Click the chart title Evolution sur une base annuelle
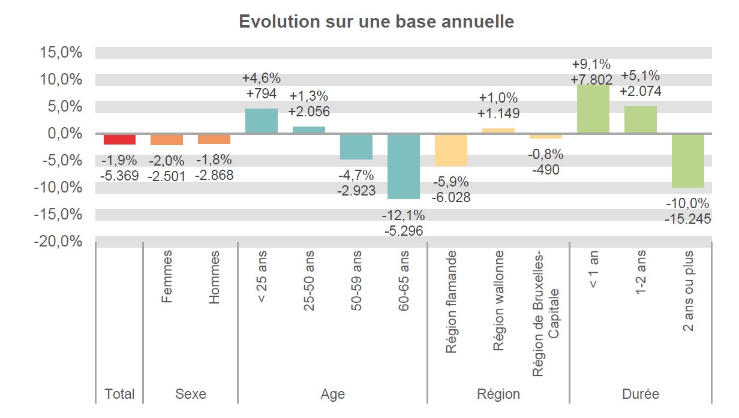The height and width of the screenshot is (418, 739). (376, 22)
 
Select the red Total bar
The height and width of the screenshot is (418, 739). (119, 139)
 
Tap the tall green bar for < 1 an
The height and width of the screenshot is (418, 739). (593, 109)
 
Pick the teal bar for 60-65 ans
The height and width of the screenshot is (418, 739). (404, 166)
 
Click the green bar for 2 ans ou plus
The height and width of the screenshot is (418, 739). (687, 160)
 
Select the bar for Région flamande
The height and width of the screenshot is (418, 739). (451, 150)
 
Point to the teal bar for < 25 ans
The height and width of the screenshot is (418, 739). (262, 121)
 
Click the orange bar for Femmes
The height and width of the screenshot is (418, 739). (167, 139)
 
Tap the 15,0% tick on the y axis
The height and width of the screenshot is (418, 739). (61, 52)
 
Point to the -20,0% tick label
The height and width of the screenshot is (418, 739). (58, 241)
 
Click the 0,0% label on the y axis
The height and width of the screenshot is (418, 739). (64, 133)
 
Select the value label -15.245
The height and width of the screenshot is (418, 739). (687, 219)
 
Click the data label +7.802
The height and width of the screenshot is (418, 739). (593, 80)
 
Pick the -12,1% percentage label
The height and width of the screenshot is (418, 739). (404, 215)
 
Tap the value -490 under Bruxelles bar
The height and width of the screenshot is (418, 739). (545, 170)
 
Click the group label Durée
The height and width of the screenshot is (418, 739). (641, 394)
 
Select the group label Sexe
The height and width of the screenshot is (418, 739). (190, 394)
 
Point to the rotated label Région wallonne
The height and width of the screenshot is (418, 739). (498, 301)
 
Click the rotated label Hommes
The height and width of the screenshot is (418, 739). (214, 277)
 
